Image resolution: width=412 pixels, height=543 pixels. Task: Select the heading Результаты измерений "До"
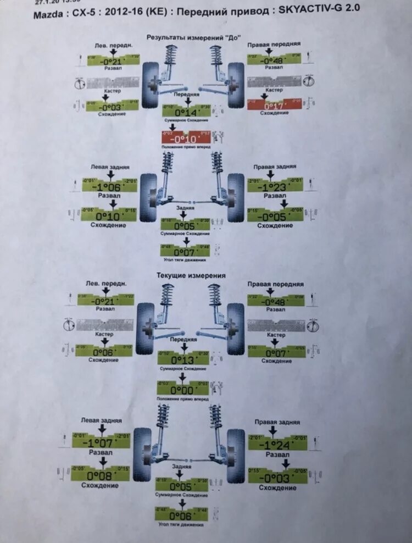pos(187,38)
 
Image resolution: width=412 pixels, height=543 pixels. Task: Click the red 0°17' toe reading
pos(274,105)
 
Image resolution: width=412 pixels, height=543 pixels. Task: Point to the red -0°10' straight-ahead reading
pos(186,138)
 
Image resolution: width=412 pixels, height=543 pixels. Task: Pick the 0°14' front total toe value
pos(186,112)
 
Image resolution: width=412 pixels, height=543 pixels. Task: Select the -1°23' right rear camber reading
pos(275,187)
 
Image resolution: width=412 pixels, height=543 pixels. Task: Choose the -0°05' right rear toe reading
pos(275,216)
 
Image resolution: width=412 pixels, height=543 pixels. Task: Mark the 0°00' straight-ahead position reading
pos(182,390)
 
